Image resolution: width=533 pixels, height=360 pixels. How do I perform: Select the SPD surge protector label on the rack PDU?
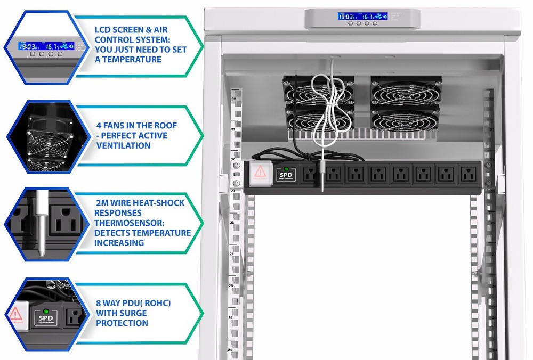286,174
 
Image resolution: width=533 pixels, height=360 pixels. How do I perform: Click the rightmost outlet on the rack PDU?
467,174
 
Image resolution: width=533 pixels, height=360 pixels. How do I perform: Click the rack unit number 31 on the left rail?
232,129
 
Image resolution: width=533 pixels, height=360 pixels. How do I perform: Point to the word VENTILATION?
124,145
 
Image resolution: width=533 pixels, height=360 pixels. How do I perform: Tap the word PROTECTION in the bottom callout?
122,323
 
